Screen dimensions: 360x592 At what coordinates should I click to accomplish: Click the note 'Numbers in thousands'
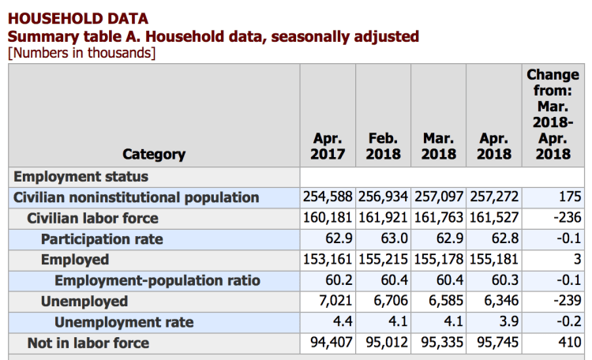click(82, 53)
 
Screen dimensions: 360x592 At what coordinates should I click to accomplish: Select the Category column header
click(154, 154)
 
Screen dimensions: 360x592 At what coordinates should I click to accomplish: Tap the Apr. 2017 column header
click(328, 146)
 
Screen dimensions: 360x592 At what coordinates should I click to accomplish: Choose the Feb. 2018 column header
click(383, 146)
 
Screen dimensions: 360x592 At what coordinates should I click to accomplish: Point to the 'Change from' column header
click(553, 114)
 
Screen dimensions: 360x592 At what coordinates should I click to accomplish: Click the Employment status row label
click(81, 176)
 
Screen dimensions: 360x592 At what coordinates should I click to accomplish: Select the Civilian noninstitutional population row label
click(136, 197)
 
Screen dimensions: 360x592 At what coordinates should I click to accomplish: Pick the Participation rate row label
click(102, 238)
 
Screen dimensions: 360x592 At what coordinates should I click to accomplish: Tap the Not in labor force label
click(88, 343)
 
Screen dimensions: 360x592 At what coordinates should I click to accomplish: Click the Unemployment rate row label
click(124, 322)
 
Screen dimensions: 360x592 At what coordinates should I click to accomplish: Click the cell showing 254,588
click(328, 197)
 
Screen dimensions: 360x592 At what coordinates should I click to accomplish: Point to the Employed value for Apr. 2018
click(494, 259)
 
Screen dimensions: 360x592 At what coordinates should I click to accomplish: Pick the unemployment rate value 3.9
click(503, 321)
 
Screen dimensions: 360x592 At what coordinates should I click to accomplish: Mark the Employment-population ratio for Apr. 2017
click(337, 280)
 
